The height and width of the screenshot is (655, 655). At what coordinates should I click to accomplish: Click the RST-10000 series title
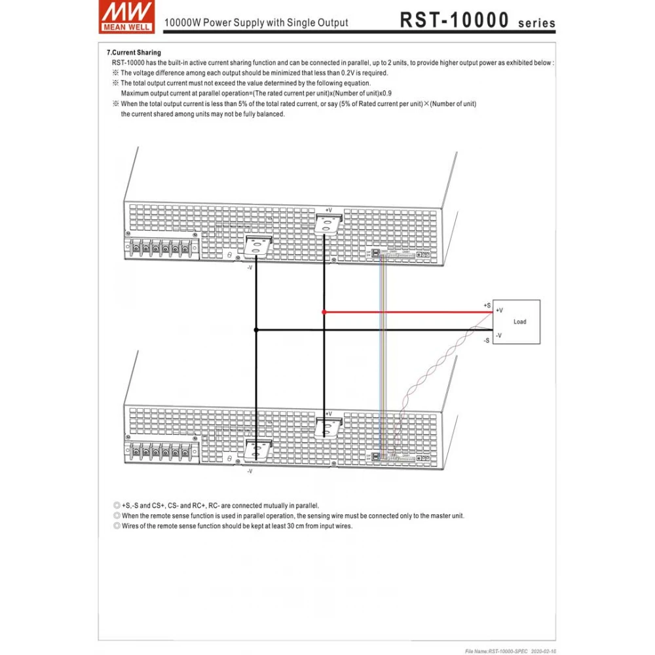[477, 20]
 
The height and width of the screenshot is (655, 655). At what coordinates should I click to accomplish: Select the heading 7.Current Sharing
[134, 52]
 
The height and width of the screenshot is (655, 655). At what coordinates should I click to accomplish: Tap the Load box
[517, 322]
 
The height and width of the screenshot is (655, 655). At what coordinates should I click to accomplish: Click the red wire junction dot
[324, 312]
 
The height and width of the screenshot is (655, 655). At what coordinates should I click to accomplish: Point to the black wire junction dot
[256, 330]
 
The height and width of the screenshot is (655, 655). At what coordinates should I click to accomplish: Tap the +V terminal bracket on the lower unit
[327, 427]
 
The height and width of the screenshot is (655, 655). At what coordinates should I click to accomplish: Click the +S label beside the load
[487, 306]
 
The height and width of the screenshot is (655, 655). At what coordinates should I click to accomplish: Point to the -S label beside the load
[487, 341]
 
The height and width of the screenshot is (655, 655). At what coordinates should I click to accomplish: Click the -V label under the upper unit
[250, 267]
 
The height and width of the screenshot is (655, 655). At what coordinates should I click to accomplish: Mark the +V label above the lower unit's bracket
[328, 414]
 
